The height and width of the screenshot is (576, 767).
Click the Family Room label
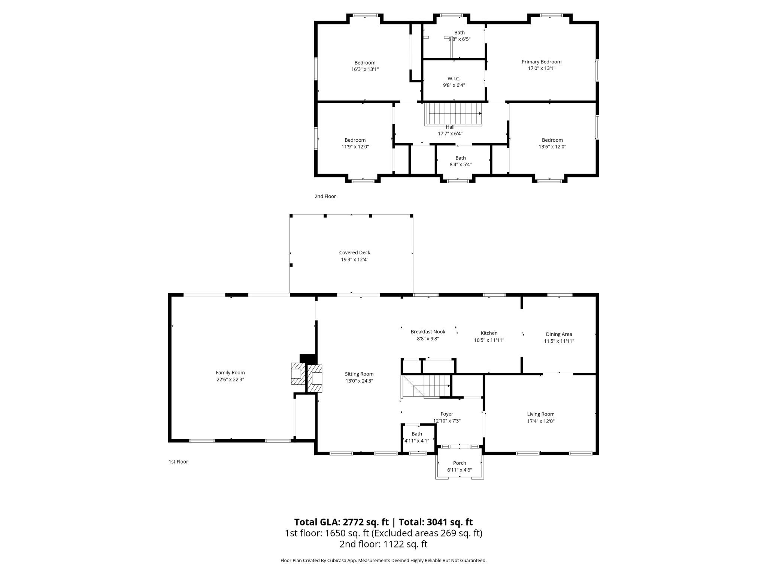click(230, 372)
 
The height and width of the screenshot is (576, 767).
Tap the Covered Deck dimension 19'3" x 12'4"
click(354, 259)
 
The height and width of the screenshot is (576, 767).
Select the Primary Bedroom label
click(541, 62)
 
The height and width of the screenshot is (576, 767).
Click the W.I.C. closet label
click(454, 79)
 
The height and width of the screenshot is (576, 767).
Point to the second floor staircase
click(454, 114)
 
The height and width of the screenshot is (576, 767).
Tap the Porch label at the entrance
click(459, 463)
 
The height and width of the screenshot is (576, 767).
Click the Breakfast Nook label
click(428, 332)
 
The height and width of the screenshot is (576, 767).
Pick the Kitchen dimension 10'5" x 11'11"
click(489, 340)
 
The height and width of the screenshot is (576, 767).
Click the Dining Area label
click(558, 334)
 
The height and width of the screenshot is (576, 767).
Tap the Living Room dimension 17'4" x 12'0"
click(540, 421)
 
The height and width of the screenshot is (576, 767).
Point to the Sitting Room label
click(359, 374)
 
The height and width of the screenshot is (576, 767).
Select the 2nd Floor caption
click(325, 196)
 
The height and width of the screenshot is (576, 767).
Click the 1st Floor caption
click(178, 462)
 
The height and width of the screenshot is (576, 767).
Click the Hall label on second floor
click(450, 127)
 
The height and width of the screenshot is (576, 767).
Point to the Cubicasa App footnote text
click(383, 561)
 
